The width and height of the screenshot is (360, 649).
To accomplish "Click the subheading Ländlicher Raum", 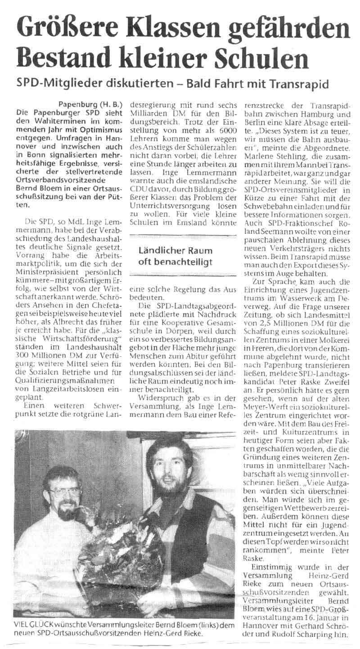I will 175,251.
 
